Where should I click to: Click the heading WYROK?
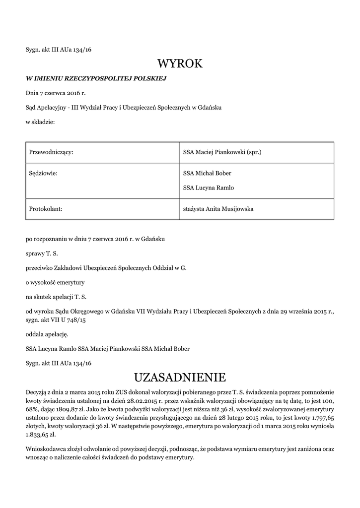click(180, 63)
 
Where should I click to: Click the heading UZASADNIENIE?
click(180, 378)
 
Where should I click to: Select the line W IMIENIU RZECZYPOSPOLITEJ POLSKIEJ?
click(95, 78)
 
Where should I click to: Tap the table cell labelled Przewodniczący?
click(52, 152)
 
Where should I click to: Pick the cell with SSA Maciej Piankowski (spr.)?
click(222, 152)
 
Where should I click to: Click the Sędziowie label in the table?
click(42, 173)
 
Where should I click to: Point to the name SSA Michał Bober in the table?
click(207, 173)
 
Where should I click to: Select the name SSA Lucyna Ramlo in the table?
click(209, 188)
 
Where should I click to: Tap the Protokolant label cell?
click(46, 209)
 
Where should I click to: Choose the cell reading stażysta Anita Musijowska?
click(218, 209)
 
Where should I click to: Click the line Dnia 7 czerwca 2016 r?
click(56, 93)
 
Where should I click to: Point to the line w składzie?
click(40, 122)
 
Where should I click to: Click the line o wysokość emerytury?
click(56, 282)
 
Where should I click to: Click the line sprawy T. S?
click(42, 254)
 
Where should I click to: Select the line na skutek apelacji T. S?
click(56, 297)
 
